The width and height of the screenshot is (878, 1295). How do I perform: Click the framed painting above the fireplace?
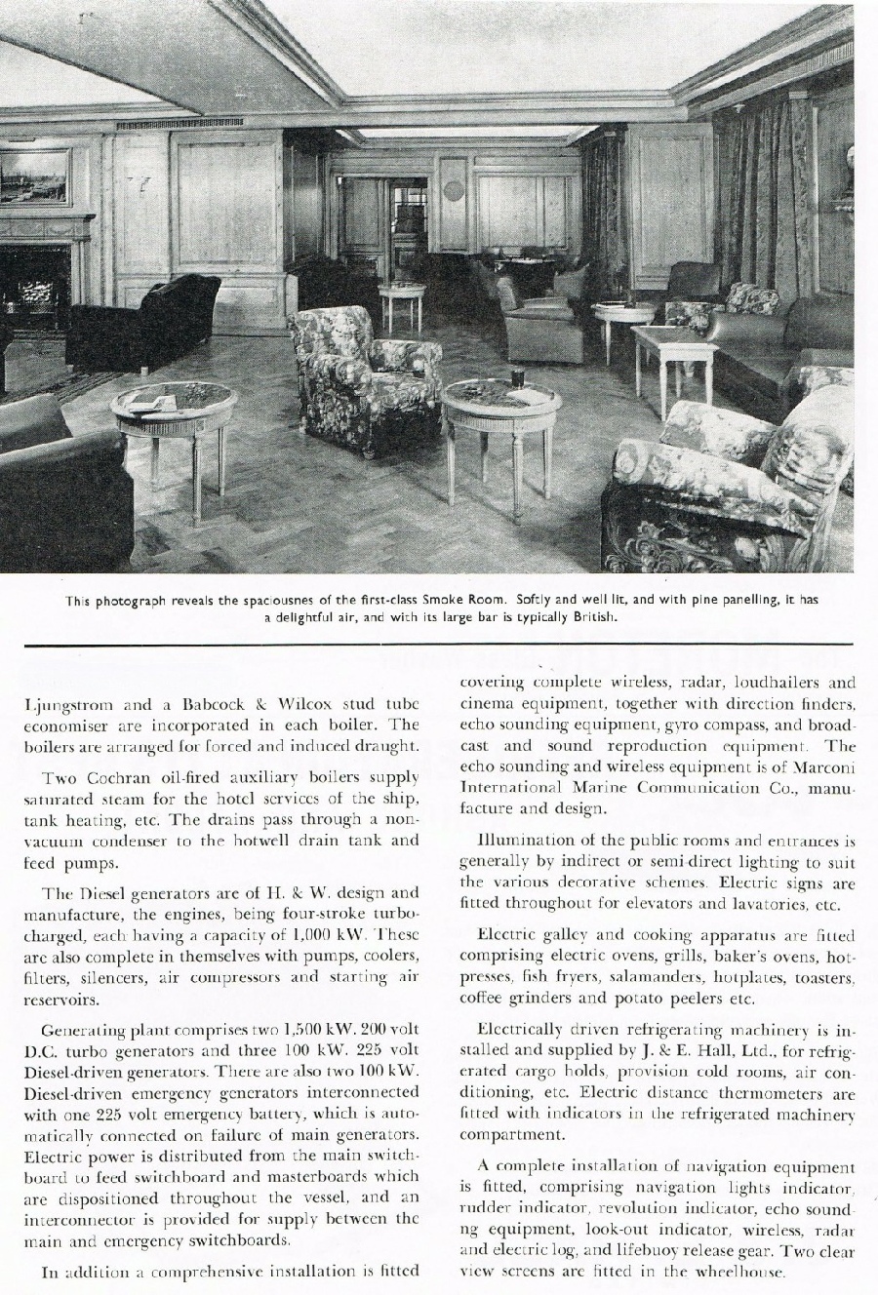(35, 177)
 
